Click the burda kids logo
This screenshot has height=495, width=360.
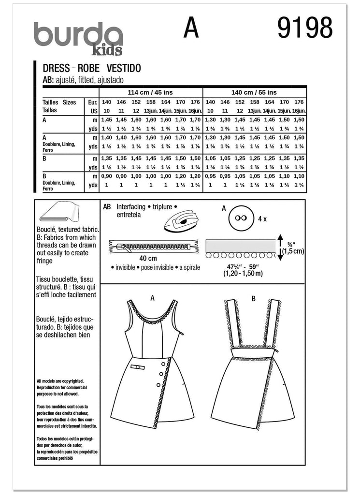[x=78, y=38]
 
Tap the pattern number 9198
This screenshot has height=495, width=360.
[x=305, y=29]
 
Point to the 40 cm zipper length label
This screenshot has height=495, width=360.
[x=148, y=259]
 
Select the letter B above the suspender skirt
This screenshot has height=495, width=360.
[x=253, y=298]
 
